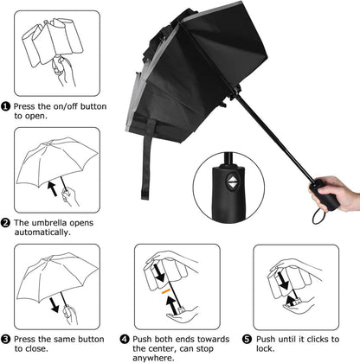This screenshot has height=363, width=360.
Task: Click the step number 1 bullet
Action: (5, 106)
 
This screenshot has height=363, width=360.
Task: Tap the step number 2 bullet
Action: (5, 223)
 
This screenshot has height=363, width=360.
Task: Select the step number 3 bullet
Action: (5, 340)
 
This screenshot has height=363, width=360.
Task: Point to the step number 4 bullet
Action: (125, 340)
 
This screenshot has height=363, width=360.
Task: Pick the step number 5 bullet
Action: (247, 340)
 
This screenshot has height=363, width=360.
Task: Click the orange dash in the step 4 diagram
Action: (165, 291)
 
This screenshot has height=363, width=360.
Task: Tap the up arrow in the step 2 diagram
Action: (52, 188)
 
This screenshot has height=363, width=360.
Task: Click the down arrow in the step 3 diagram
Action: (54, 305)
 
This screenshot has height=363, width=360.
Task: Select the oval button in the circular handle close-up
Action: (232, 181)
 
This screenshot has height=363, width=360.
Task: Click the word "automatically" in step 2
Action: (42, 232)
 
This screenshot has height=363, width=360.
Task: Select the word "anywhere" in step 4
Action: (153, 358)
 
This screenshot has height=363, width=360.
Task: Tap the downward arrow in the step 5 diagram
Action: (283, 281)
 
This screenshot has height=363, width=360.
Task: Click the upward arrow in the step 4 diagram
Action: (171, 305)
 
